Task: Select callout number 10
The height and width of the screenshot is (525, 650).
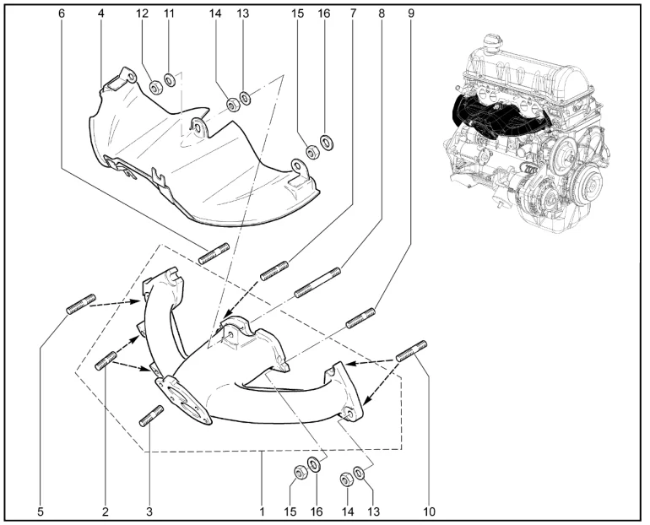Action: pos(430,511)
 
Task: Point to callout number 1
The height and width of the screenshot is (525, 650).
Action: pos(263,511)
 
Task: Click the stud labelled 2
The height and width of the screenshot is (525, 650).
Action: pos(106,360)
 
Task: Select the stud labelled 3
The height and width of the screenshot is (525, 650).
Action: pos(152,417)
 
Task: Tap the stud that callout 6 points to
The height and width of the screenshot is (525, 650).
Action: pos(214,252)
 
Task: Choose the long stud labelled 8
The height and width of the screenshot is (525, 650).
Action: pos(317,282)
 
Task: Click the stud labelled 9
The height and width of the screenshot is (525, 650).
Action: pos(360,317)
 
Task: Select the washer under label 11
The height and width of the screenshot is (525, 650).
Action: pos(171,82)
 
